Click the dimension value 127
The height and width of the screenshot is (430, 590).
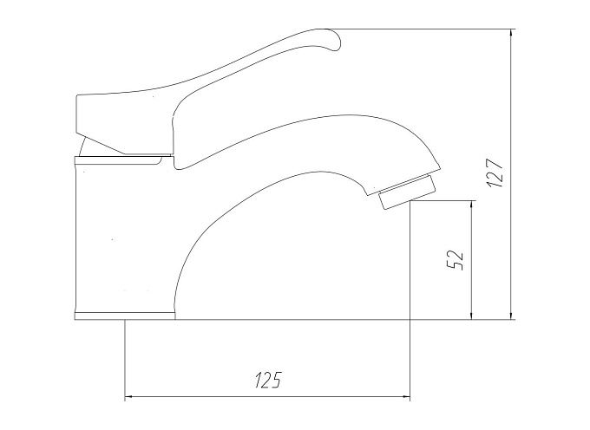[495, 173]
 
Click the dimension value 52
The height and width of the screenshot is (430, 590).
[454, 259]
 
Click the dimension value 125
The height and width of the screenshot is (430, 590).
[268, 380]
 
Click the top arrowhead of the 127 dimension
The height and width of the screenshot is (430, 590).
[510, 33]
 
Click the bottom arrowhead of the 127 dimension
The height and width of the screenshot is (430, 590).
[510, 315]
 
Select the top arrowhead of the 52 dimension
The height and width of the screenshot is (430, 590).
[471, 205]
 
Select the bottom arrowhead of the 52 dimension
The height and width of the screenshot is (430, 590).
[471, 315]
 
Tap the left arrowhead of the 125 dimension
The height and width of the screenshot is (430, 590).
[129, 396]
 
